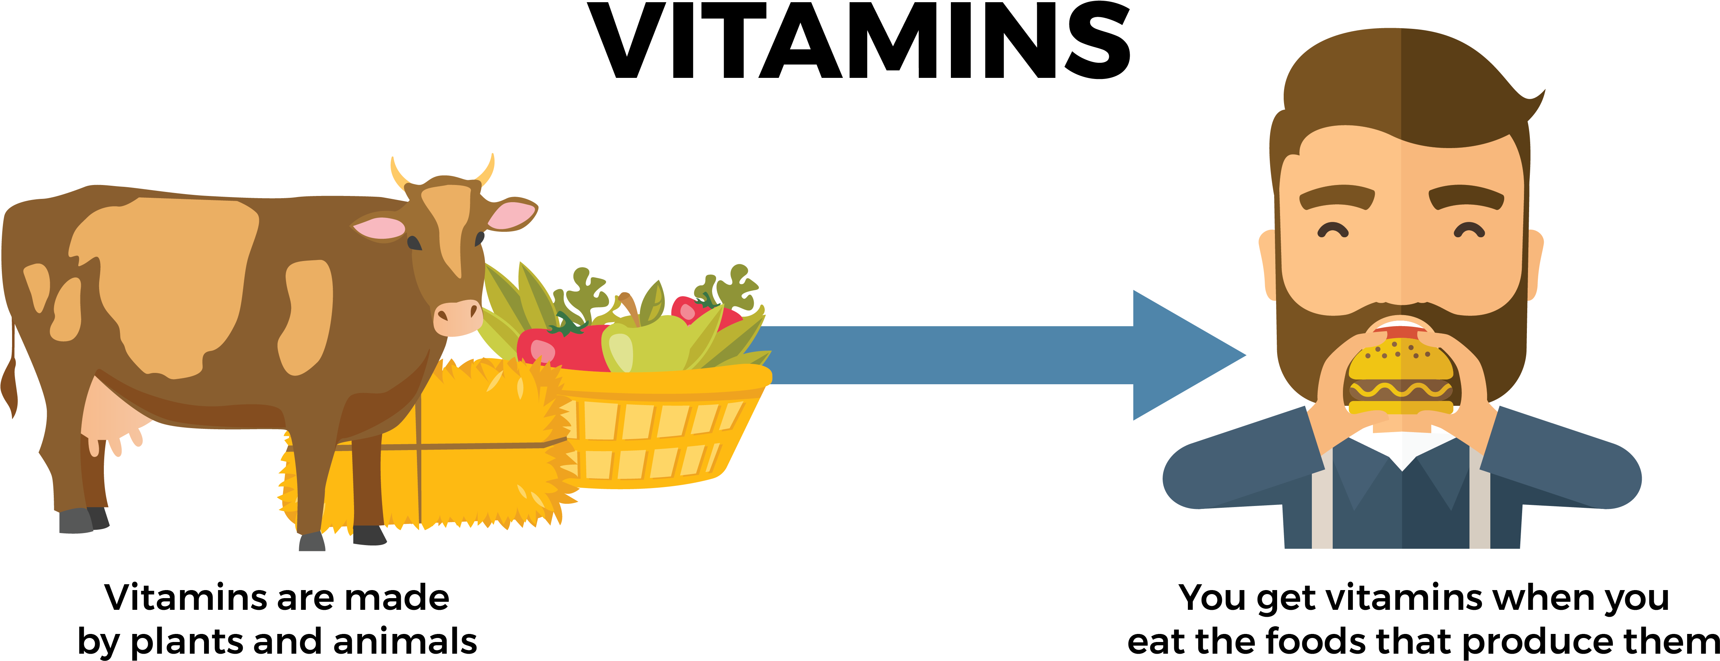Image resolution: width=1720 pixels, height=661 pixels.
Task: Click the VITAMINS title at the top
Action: coord(859,40)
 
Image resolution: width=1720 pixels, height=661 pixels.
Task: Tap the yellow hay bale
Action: coord(427,444)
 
